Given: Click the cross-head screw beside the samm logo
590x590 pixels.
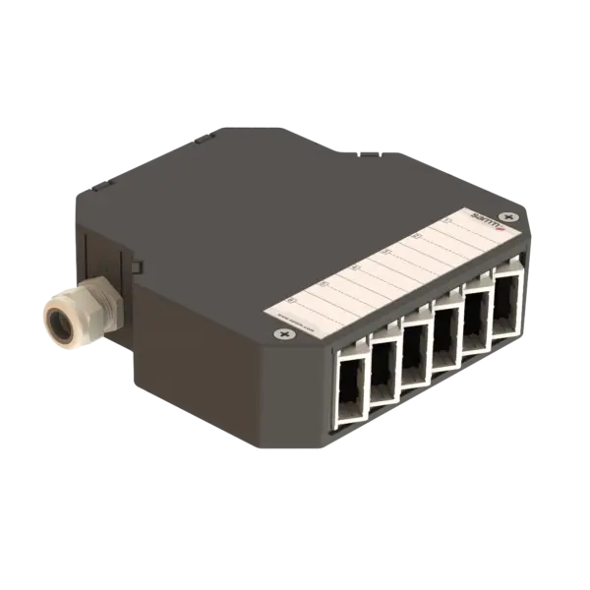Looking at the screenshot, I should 506,215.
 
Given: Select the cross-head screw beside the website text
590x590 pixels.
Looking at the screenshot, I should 285,336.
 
